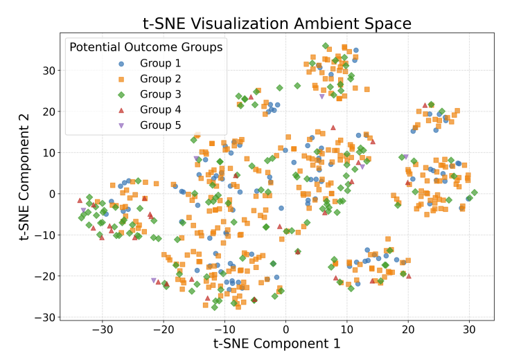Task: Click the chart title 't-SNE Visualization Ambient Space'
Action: pyautogui.click(x=277, y=24)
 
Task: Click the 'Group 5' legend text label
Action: pyautogui.click(x=160, y=125)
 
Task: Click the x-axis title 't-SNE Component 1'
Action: pyautogui.click(x=277, y=343)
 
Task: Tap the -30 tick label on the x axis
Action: pyautogui.click(x=103, y=329)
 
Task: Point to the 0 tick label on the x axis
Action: pyautogui.click(x=286, y=329)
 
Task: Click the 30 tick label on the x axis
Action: pyautogui.click(x=469, y=329)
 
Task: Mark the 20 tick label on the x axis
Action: pyautogui.click(x=408, y=329)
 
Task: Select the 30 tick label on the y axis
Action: pyautogui.click(x=47, y=70)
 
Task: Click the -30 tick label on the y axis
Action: pyautogui.click(x=44, y=317)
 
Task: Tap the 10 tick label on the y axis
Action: pyautogui.click(x=47, y=152)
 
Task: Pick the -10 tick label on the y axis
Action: pyautogui.click(x=44, y=235)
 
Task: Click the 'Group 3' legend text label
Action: pyautogui.click(x=160, y=94)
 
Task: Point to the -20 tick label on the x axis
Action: pyautogui.click(x=164, y=329)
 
